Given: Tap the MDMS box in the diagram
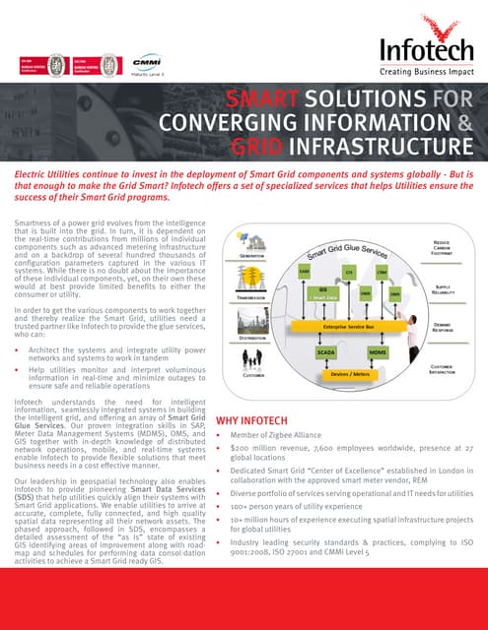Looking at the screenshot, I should click(378, 350).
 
